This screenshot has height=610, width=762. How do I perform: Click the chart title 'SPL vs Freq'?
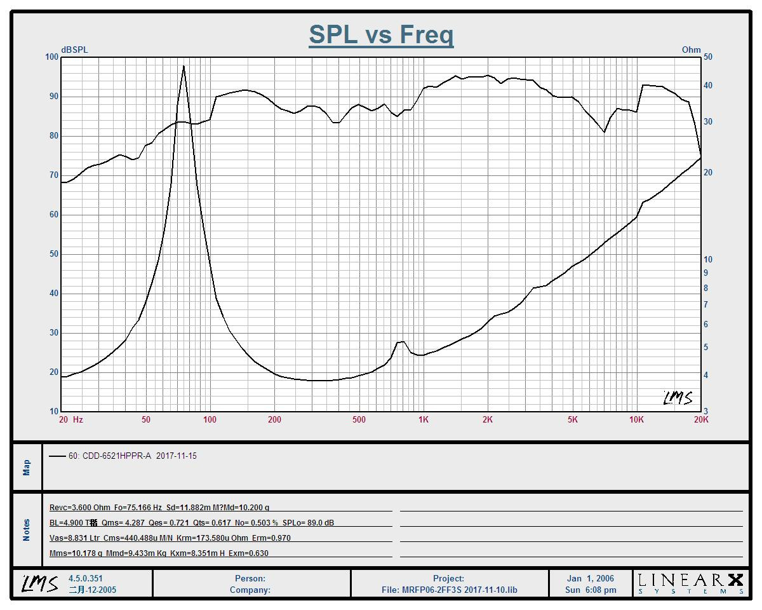(x=381, y=34)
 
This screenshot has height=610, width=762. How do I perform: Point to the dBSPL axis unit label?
(x=75, y=50)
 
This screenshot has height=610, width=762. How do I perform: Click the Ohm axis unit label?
(x=692, y=50)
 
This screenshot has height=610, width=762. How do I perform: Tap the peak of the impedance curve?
(x=184, y=66)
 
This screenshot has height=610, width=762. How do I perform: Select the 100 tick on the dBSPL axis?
(x=51, y=57)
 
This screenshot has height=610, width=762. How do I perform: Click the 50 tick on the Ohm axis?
(x=708, y=57)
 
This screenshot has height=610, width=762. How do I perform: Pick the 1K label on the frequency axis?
(x=424, y=419)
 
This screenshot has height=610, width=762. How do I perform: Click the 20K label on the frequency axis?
(x=700, y=419)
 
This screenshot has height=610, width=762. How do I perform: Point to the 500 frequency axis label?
(x=359, y=419)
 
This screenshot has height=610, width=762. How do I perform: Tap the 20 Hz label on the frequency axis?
(x=70, y=419)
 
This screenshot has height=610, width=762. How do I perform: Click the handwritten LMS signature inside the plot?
(x=678, y=398)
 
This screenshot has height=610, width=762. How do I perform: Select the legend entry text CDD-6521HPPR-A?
(x=117, y=456)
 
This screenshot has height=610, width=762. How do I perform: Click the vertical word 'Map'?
(x=27, y=468)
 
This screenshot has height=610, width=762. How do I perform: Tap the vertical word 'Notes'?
(x=27, y=530)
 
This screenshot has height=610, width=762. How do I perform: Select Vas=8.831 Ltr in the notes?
(x=74, y=538)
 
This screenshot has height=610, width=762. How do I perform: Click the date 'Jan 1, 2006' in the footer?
(x=591, y=578)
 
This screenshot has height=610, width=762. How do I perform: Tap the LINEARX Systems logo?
(x=690, y=583)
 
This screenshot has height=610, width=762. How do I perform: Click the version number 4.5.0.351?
(x=85, y=578)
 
